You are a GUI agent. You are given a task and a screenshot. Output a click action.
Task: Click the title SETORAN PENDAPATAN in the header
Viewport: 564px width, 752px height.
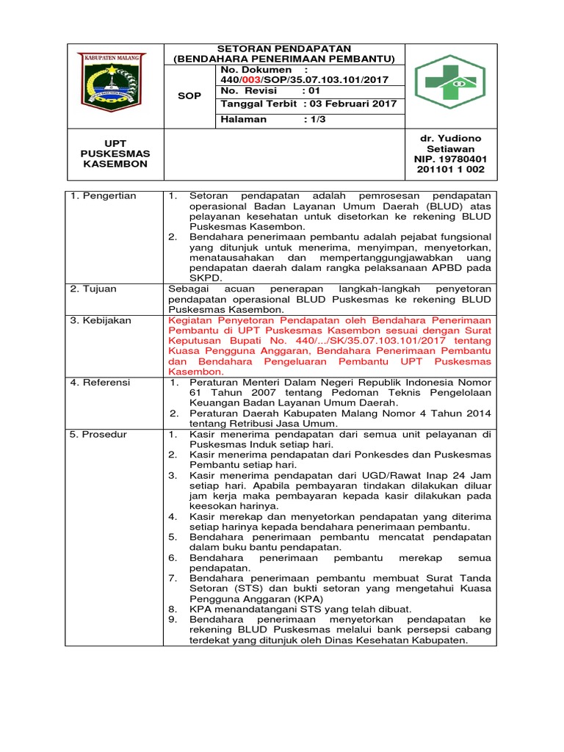[x=283, y=48]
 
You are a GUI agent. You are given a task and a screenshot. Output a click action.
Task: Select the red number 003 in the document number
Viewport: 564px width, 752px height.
[x=253, y=79]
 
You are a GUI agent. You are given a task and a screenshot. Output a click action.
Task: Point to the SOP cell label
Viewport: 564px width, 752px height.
[x=189, y=96]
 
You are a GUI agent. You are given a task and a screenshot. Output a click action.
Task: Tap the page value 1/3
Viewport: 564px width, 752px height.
[x=316, y=119]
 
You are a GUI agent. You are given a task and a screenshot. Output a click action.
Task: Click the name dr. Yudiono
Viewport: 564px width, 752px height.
[x=451, y=139]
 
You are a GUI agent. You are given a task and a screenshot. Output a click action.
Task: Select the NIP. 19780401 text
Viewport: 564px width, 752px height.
[x=451, y=159]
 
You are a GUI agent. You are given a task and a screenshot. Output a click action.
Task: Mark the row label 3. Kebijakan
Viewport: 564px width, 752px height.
[x=101, y=320]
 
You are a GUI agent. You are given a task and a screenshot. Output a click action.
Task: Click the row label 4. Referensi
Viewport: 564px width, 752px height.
[x=101, y=383]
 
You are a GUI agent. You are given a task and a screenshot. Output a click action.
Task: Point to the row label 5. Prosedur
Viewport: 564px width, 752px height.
[x=100, y=434]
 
